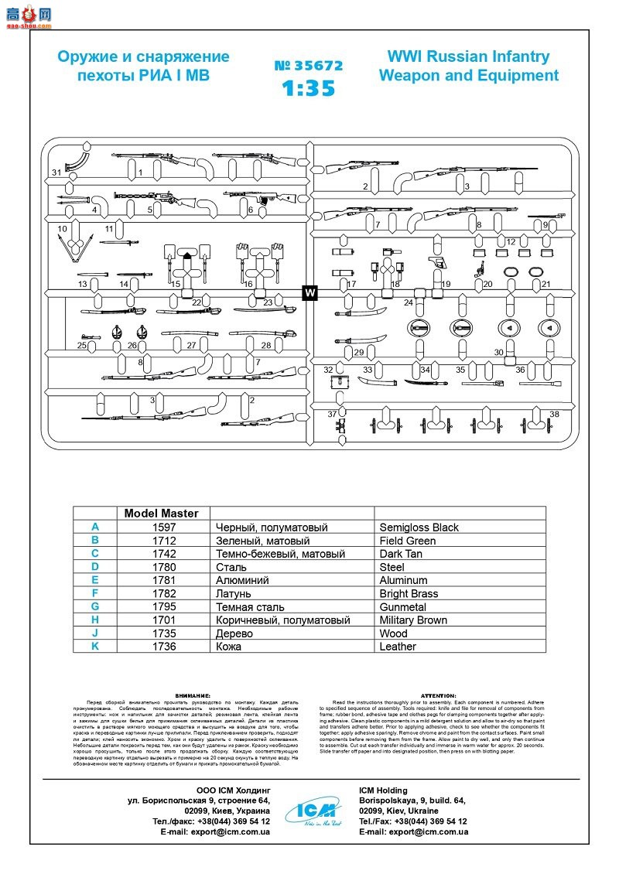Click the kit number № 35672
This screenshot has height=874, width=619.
309,67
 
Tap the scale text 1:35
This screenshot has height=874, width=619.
309,88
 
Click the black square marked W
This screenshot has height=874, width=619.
309,292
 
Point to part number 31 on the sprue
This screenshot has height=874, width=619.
56,172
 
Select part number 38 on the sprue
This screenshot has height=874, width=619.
554,415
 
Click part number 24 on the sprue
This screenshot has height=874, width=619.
409,302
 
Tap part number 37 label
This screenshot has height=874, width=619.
332,415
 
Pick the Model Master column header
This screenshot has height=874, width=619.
161,514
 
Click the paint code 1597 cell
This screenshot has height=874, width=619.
164,527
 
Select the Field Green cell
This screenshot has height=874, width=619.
407,541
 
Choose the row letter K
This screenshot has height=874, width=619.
95,646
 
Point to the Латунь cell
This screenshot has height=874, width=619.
233,593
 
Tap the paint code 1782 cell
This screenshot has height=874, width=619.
164,593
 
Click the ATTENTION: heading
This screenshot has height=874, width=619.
438,695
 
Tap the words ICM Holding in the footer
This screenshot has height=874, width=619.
384,790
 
